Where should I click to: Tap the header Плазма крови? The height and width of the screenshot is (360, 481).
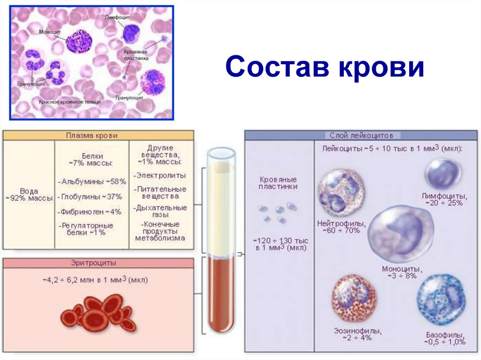(x=98, y=135)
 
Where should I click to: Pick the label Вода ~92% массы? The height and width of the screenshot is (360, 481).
(x=29, y=194)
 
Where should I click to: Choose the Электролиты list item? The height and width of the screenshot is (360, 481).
(x=161, y=175)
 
